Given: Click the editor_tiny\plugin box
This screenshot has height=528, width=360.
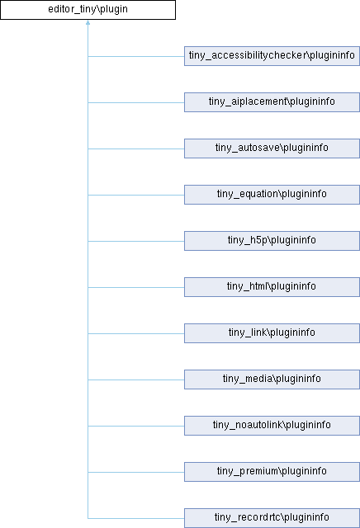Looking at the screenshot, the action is pyautogui.click(x=88, y=10).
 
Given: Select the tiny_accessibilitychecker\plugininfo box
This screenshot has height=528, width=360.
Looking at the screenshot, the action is pyautogui.click(x=272, y=56).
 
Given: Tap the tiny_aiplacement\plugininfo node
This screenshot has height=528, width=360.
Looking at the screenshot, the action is pyautogui.click(x=272, y=102).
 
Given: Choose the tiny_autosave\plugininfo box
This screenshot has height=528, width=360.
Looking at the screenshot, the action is pyautogui.click(x=272, y=148).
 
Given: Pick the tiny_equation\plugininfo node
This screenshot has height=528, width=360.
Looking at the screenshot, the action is pyautogui.click(x=272, y=195).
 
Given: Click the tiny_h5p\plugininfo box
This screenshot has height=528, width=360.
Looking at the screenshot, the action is pyautogui.click(x=272, y=241).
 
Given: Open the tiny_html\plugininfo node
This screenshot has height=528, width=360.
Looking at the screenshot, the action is pyautogui.click(x=272, y=287).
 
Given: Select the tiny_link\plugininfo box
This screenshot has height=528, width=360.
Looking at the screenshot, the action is pyautogui.click(x=272, y=333).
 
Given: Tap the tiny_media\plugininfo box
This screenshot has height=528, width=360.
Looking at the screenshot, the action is pyautogui.click(x=272, y=379).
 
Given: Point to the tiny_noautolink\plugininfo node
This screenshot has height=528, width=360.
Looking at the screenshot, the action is pyautogui.click(x=272, y=426).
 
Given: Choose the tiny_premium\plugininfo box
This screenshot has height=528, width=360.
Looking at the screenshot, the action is pyautogui.click(x=272, y=471).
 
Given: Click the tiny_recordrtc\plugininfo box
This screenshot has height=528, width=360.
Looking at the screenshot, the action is pyautogui.click(x=272, y=518).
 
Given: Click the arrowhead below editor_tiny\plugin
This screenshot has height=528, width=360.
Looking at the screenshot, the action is pyautogui.click(x=88, y=22).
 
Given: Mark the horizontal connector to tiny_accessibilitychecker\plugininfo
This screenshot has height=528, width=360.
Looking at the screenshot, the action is pyautogui.click(x=136, y=56).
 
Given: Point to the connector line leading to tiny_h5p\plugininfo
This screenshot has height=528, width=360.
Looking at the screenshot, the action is pyautogui.click(x=136, y=241).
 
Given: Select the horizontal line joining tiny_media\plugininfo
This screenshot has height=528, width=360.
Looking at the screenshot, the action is pyautogui.click(x=136, y=379).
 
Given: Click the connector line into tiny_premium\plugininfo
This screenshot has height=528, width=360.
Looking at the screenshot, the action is pyautogui.click(x=136, y=472).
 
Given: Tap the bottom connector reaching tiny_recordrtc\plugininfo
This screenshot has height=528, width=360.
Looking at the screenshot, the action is pyautogui.click(x=136, y=518).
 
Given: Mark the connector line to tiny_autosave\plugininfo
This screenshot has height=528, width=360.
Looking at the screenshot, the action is pyautogui.click(x=136, y=148).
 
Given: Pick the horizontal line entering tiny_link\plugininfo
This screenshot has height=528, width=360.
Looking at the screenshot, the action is pyautogui.click(x=136, y=333).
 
